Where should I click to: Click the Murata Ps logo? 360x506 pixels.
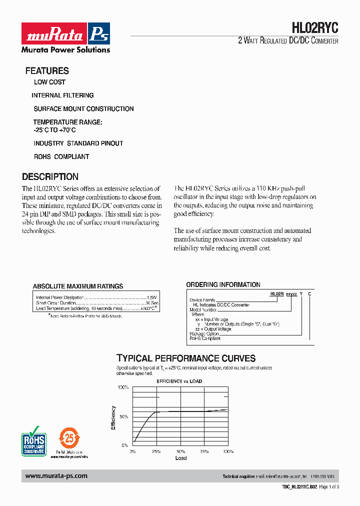click(65, 34)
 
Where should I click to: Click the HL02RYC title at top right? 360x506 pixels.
click(314, 27)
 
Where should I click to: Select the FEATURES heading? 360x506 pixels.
click(47, 71)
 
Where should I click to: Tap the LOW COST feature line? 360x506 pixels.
click(49, 82)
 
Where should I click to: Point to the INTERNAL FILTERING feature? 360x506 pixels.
click(62, 95)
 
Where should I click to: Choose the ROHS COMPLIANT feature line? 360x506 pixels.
click(61, 156)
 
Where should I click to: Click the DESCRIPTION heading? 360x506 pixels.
click(50, 176)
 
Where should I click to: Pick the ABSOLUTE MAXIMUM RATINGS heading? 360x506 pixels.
click(78, 286)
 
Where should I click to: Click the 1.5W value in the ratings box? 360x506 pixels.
click(152, 297)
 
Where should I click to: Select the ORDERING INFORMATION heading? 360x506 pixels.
click(223, 285)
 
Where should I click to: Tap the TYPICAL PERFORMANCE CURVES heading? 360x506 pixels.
click(186, 358)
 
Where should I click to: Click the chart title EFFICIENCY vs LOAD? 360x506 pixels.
click(179, 381)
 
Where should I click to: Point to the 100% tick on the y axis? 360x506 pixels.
click(123, 387)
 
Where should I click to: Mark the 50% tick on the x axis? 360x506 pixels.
click(180, 451)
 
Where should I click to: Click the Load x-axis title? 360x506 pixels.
click(181, 458)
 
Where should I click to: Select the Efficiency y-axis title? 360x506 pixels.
click(113, 417)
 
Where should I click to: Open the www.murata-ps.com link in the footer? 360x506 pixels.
click(56, 476)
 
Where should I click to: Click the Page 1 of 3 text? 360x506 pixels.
click(329, 486)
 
